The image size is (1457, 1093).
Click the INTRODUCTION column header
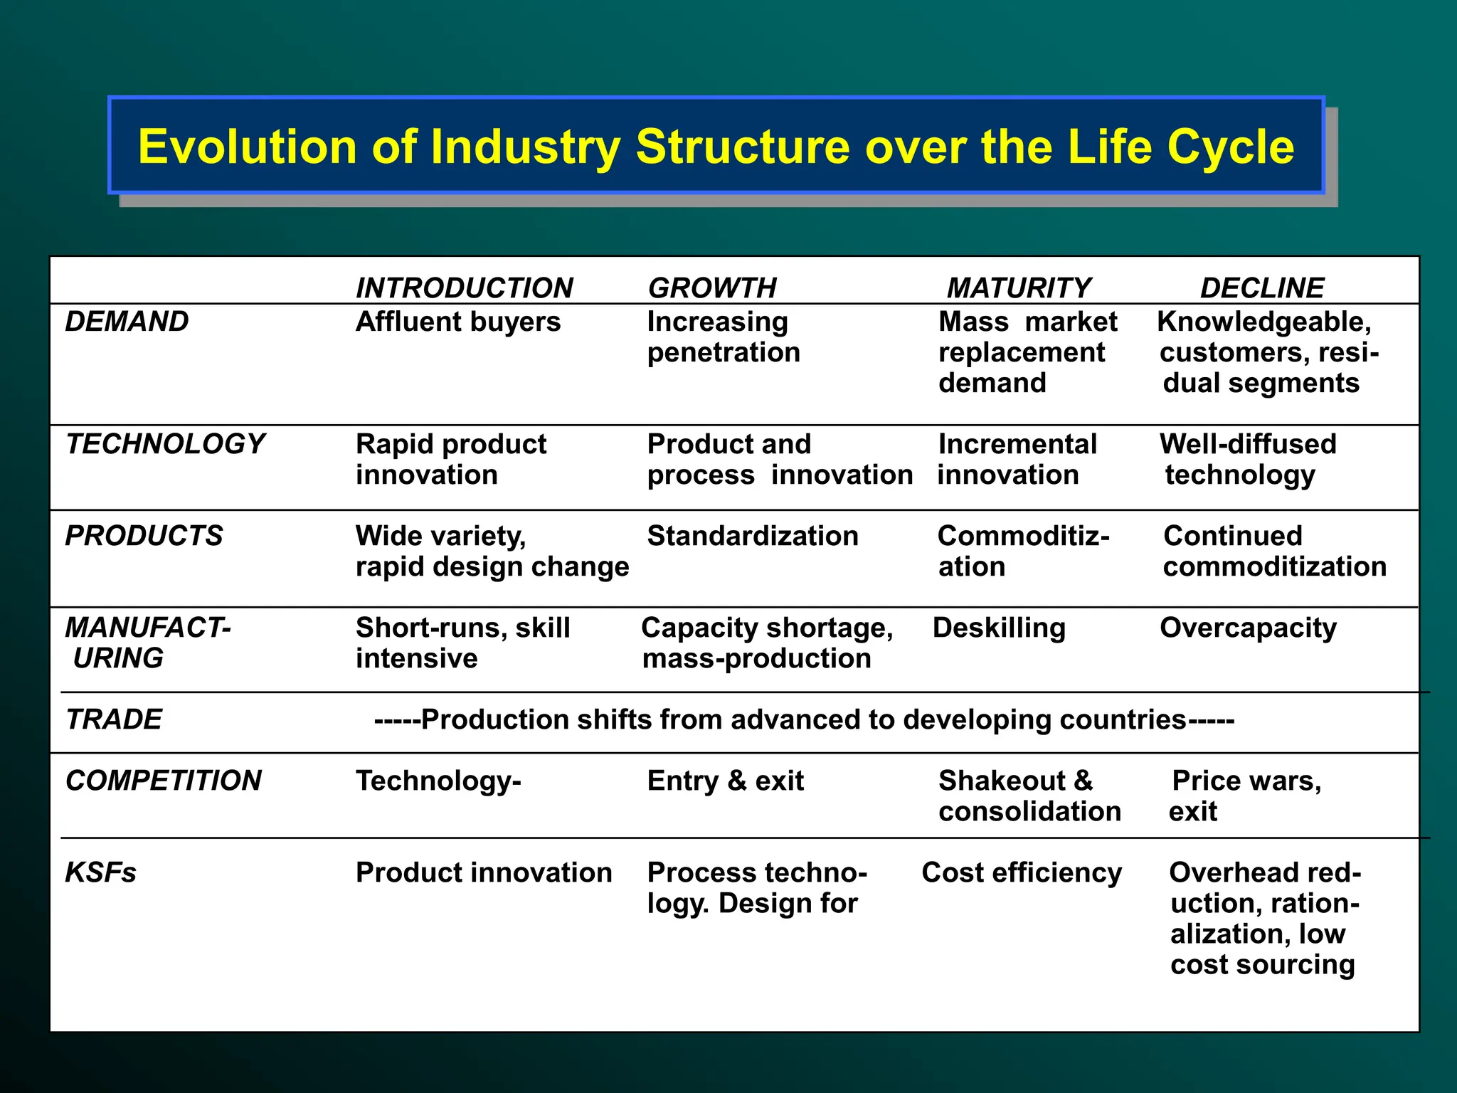click(464, 288)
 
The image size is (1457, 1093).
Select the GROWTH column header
click(712, 288)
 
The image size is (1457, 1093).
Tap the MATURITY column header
click(1018, 288)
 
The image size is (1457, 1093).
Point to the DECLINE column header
click(1261, 288)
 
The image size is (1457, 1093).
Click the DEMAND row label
click(127, 322)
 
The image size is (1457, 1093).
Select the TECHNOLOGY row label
click(164, 444)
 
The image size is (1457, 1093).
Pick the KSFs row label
click(100, 872)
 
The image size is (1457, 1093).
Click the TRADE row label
click(114, 719)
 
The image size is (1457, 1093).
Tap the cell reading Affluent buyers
click(458, 322)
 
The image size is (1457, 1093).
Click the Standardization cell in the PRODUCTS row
click(753, 536)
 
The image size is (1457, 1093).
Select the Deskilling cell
click(999, 628)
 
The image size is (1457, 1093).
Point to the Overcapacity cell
click(1248, 628)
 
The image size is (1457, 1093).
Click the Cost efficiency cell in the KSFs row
click(1022, 872)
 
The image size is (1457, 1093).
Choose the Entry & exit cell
click(726, 781)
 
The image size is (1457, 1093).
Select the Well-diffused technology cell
click(1248, 459)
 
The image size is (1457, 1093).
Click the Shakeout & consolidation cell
click(1029, 796)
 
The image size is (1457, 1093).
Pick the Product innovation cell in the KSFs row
click(484, 872)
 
